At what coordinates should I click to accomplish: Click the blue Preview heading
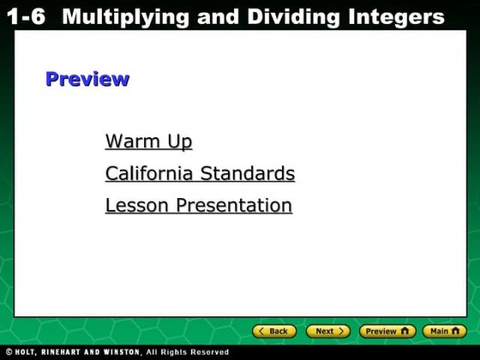[87, 80]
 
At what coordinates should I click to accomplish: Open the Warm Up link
[148, 141]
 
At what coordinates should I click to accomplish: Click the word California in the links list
[150, 174]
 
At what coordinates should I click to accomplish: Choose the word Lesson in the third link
[138, 206]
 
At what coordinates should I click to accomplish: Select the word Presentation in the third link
[234, 206]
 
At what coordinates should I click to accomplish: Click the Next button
[328, 331]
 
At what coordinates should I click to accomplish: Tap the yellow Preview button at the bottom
[387, 331]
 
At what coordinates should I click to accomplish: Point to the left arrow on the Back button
[261, 331]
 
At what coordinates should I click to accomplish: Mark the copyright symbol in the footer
[7, 352]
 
